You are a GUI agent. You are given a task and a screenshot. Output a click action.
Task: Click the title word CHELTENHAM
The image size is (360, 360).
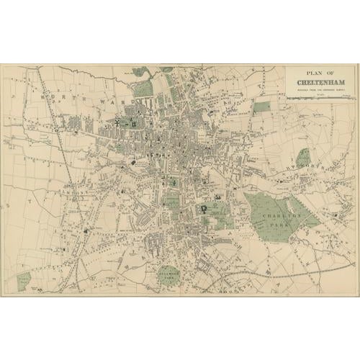click(x=318, y=81)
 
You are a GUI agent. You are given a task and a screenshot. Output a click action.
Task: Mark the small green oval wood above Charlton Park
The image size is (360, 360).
click(x=304, y=156)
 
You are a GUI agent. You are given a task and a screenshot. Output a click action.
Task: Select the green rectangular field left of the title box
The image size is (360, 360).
click(x=262, y=106)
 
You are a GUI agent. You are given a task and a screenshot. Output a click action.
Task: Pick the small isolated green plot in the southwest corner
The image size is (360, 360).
click(x=24, y=279)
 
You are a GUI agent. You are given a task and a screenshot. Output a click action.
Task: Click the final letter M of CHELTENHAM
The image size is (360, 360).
click(x=341, y=81)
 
